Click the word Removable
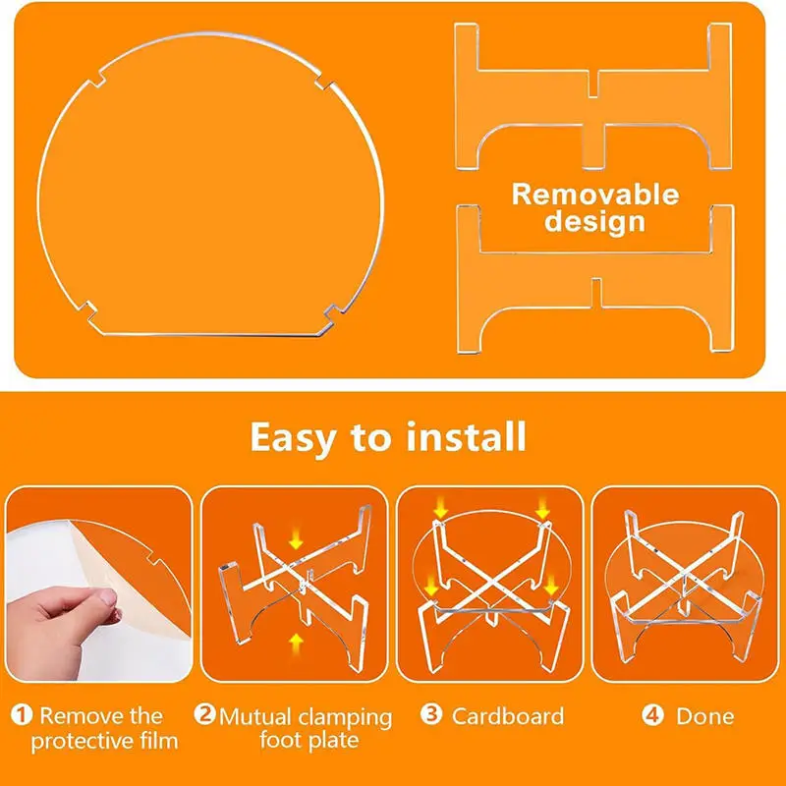coord(595,195)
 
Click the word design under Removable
coord(594,221)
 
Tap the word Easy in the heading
coord(293,437)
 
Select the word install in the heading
coord(466,436)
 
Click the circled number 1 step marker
coord(22,714)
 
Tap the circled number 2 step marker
coord(205,714)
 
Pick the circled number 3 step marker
coord(431,714)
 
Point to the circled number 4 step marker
coord(652,715)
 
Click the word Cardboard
coord(508,716)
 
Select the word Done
coord(704,716)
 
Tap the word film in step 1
coord(158,741)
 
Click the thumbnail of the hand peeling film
coord(99,584)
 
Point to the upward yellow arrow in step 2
coord(296,644)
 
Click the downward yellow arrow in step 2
coord(296,538)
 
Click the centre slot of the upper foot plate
coord(593,84)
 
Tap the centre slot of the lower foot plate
coord(596,292)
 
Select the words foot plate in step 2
coord(309,741)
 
